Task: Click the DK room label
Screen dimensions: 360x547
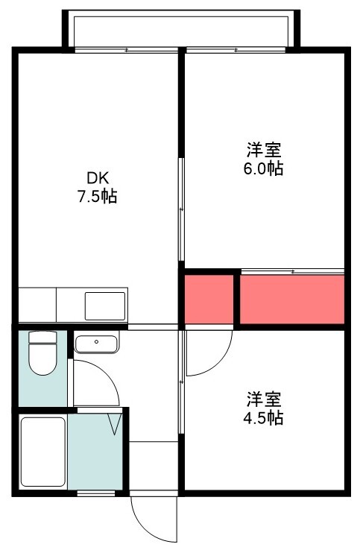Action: [x=98, y=179]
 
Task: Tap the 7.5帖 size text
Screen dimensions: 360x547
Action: [x=97, y=197]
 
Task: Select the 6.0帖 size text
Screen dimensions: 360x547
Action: [x=263, y=169]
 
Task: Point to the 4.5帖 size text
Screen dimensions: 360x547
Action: [x=263, y=417]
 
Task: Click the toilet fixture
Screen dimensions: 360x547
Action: [x=43, y=353]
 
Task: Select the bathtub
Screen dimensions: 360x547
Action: [x=43, y=452]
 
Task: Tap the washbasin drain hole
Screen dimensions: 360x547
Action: [x=97, y=342]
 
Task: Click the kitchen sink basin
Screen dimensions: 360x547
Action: [x=105, y=306]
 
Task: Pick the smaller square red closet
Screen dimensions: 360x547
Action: [x=209, y=300]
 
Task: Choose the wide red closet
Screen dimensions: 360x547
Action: [x=292, y=300]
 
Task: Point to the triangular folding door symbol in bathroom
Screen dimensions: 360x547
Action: [x=115, y=424]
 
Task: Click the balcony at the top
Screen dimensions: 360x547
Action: [x=181, y=30]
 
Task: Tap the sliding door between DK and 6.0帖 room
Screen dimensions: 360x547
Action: [x=181, y=209]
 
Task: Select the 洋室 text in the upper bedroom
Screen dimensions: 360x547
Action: [x=264, y=150]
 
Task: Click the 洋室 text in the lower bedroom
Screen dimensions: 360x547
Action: [x=264, y=399]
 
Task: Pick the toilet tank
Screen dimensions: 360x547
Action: [x=43, y=337]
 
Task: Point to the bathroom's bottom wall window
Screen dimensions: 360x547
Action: [x=96, y=493]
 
